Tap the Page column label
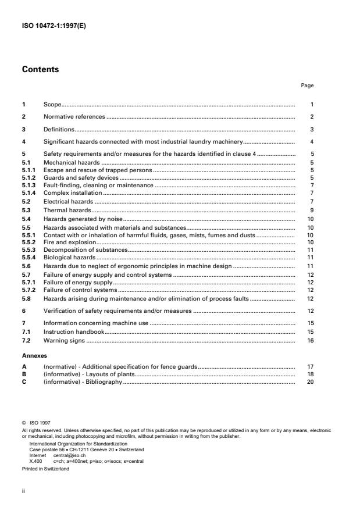tap(307, 85)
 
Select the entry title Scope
tap(52, 105)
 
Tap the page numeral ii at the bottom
tap(23, 490)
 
